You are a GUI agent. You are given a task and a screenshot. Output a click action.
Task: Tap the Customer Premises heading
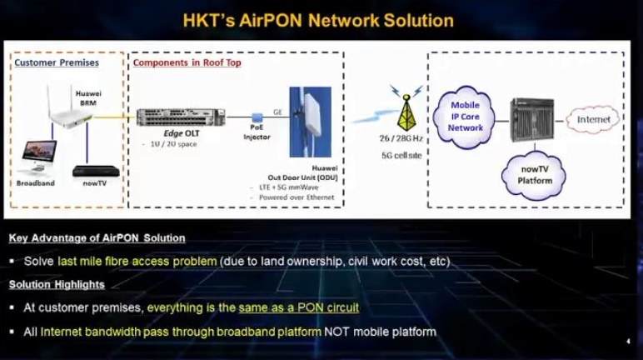(x=57, y=62)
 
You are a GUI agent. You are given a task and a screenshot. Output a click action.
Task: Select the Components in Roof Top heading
(x=187, y=62)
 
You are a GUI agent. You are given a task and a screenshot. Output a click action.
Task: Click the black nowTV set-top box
(x=89, y=170)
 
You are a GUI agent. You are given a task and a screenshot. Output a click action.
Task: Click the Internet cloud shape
(x=594, y=120)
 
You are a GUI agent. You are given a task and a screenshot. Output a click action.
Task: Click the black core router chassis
(x=532, y=120)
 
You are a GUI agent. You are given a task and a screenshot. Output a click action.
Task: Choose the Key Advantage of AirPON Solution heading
(x=97, y=239)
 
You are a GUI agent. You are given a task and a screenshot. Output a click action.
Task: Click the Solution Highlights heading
(x=57, y=285)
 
